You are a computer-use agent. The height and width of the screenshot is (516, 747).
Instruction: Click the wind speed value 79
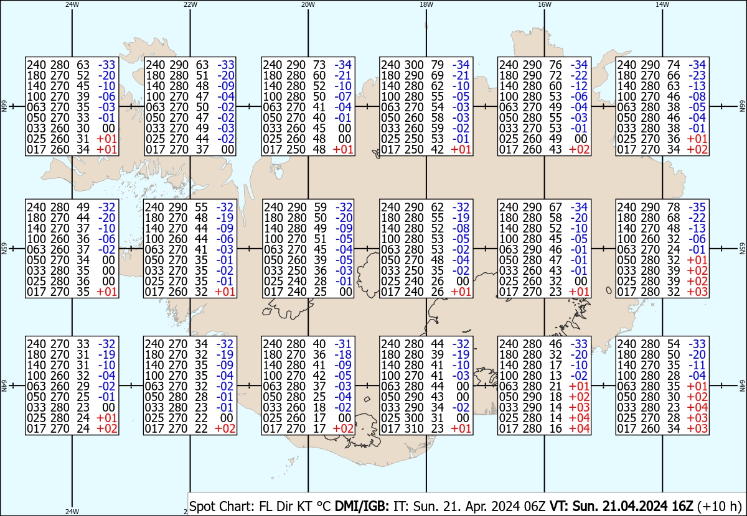click(438, 65)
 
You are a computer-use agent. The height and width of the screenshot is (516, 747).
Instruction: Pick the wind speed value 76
click(557, 65)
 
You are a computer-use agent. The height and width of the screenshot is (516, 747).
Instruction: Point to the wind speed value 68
click(675, 218)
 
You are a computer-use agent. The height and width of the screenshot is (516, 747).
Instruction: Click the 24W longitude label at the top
click(72, 4)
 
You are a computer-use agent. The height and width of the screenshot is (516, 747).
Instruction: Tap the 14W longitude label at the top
click(662, 4)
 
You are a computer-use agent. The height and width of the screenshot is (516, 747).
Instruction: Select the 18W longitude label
click(426, 4)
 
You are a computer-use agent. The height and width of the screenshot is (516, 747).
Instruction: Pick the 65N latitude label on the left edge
click(4, 249)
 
